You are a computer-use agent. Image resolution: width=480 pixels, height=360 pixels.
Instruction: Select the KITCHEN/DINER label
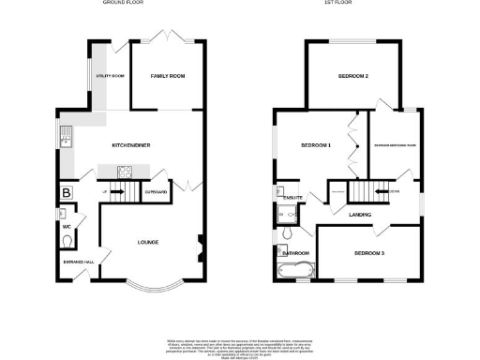tap(131, 145)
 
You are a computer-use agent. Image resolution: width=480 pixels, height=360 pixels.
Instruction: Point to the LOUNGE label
tap(147, 243)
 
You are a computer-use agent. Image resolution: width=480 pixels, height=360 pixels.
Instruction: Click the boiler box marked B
tap(66, 194)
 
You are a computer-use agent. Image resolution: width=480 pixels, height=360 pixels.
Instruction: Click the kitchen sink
tap(67, 140)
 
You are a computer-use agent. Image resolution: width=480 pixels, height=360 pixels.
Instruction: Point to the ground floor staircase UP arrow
tap(119, 192)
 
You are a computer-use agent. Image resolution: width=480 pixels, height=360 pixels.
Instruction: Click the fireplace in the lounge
tap(199, 248)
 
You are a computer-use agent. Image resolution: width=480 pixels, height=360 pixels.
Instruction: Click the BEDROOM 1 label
tap(315, 146)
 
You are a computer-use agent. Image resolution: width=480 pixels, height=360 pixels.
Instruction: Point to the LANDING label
tap(360, 215)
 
